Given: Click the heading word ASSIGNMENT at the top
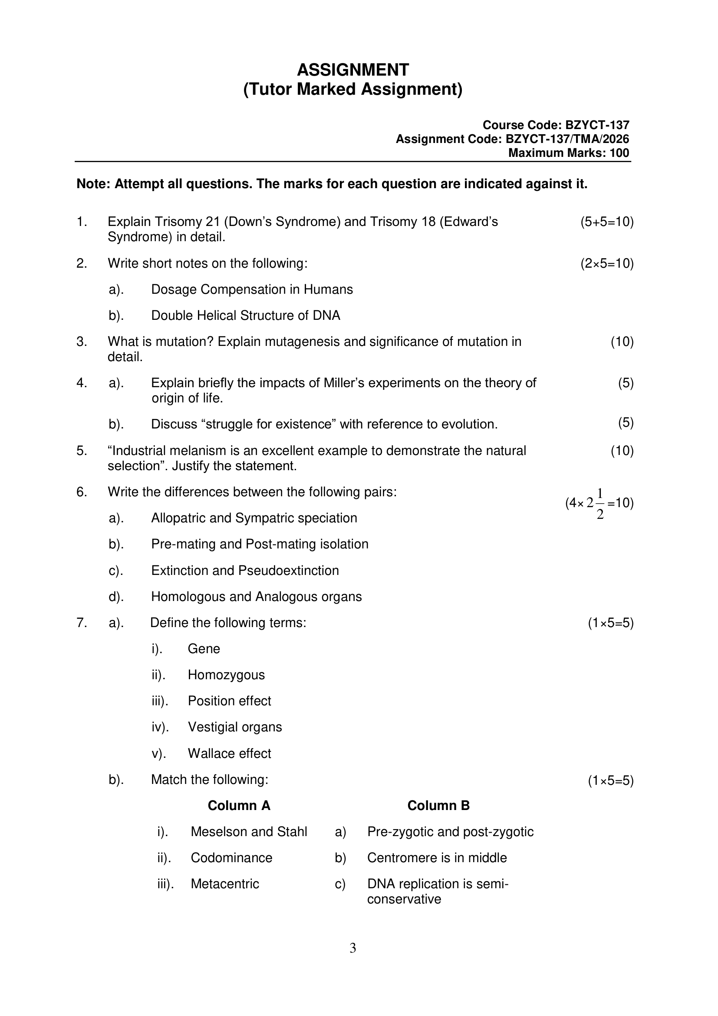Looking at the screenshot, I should click(x=353, y=70).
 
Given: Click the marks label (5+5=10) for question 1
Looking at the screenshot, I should click(x=606, y=222).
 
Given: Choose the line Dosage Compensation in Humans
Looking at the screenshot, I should click(x=252, y=289).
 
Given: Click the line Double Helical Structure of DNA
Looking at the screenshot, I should click(x=246, y=315).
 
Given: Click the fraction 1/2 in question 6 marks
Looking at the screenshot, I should click(x=600, y=504).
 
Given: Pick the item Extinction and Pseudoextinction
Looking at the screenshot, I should click(x=245, y=571).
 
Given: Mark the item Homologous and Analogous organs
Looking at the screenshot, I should click(x=257, y=597).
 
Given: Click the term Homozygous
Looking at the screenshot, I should click(x=226, y=675).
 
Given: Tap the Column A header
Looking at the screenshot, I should click(x=239, y=805).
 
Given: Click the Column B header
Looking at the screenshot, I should click(x=438, y=805).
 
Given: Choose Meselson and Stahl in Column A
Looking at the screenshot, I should click(x=249, y=831).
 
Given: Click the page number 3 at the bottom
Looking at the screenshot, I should click(x=353, y=948).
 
